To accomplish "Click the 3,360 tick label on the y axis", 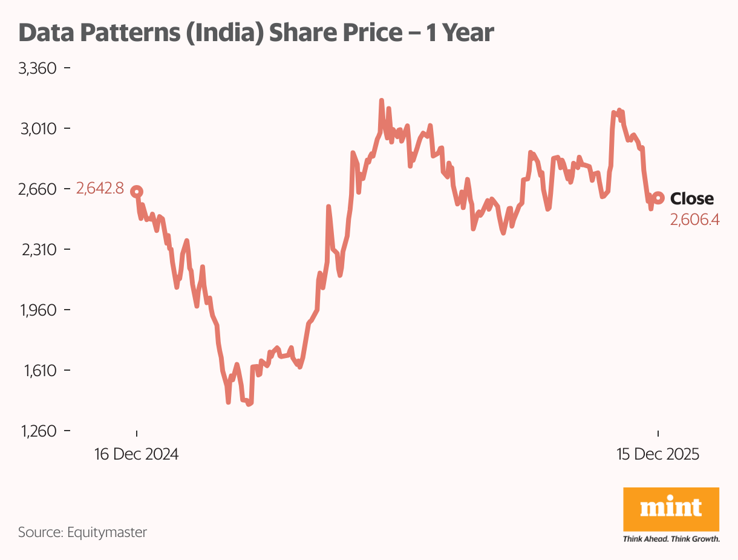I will coord(38,68).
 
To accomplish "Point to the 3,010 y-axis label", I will coord(38,129).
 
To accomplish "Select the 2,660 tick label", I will coord(38,189).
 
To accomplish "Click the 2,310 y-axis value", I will coord(38,250).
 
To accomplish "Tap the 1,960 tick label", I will coord(38,310).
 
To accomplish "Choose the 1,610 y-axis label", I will coord(38,371).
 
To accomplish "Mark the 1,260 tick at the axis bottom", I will coord(38,431).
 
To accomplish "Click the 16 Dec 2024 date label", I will coord(137,454).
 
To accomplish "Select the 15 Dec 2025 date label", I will coord(658,454).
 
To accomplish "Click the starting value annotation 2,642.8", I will coord(100,189).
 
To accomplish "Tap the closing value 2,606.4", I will coord(694,220).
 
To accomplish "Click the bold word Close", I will coord(692,198).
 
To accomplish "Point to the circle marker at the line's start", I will coord(137,192).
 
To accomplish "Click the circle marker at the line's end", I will coord(658,198).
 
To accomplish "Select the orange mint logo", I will coord(671,510).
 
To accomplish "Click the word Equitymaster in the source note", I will coord(107,533).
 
